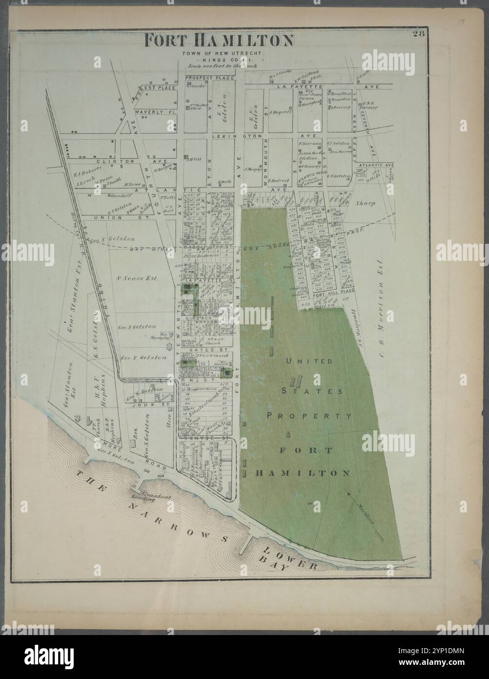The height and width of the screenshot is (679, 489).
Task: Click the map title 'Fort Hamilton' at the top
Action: tap(218, 40)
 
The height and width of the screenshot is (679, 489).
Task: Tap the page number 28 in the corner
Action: tap(419, 34)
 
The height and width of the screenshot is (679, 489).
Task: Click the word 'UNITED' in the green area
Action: tap(303, 361)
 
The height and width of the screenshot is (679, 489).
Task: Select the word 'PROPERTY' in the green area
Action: tap(308, 416)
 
